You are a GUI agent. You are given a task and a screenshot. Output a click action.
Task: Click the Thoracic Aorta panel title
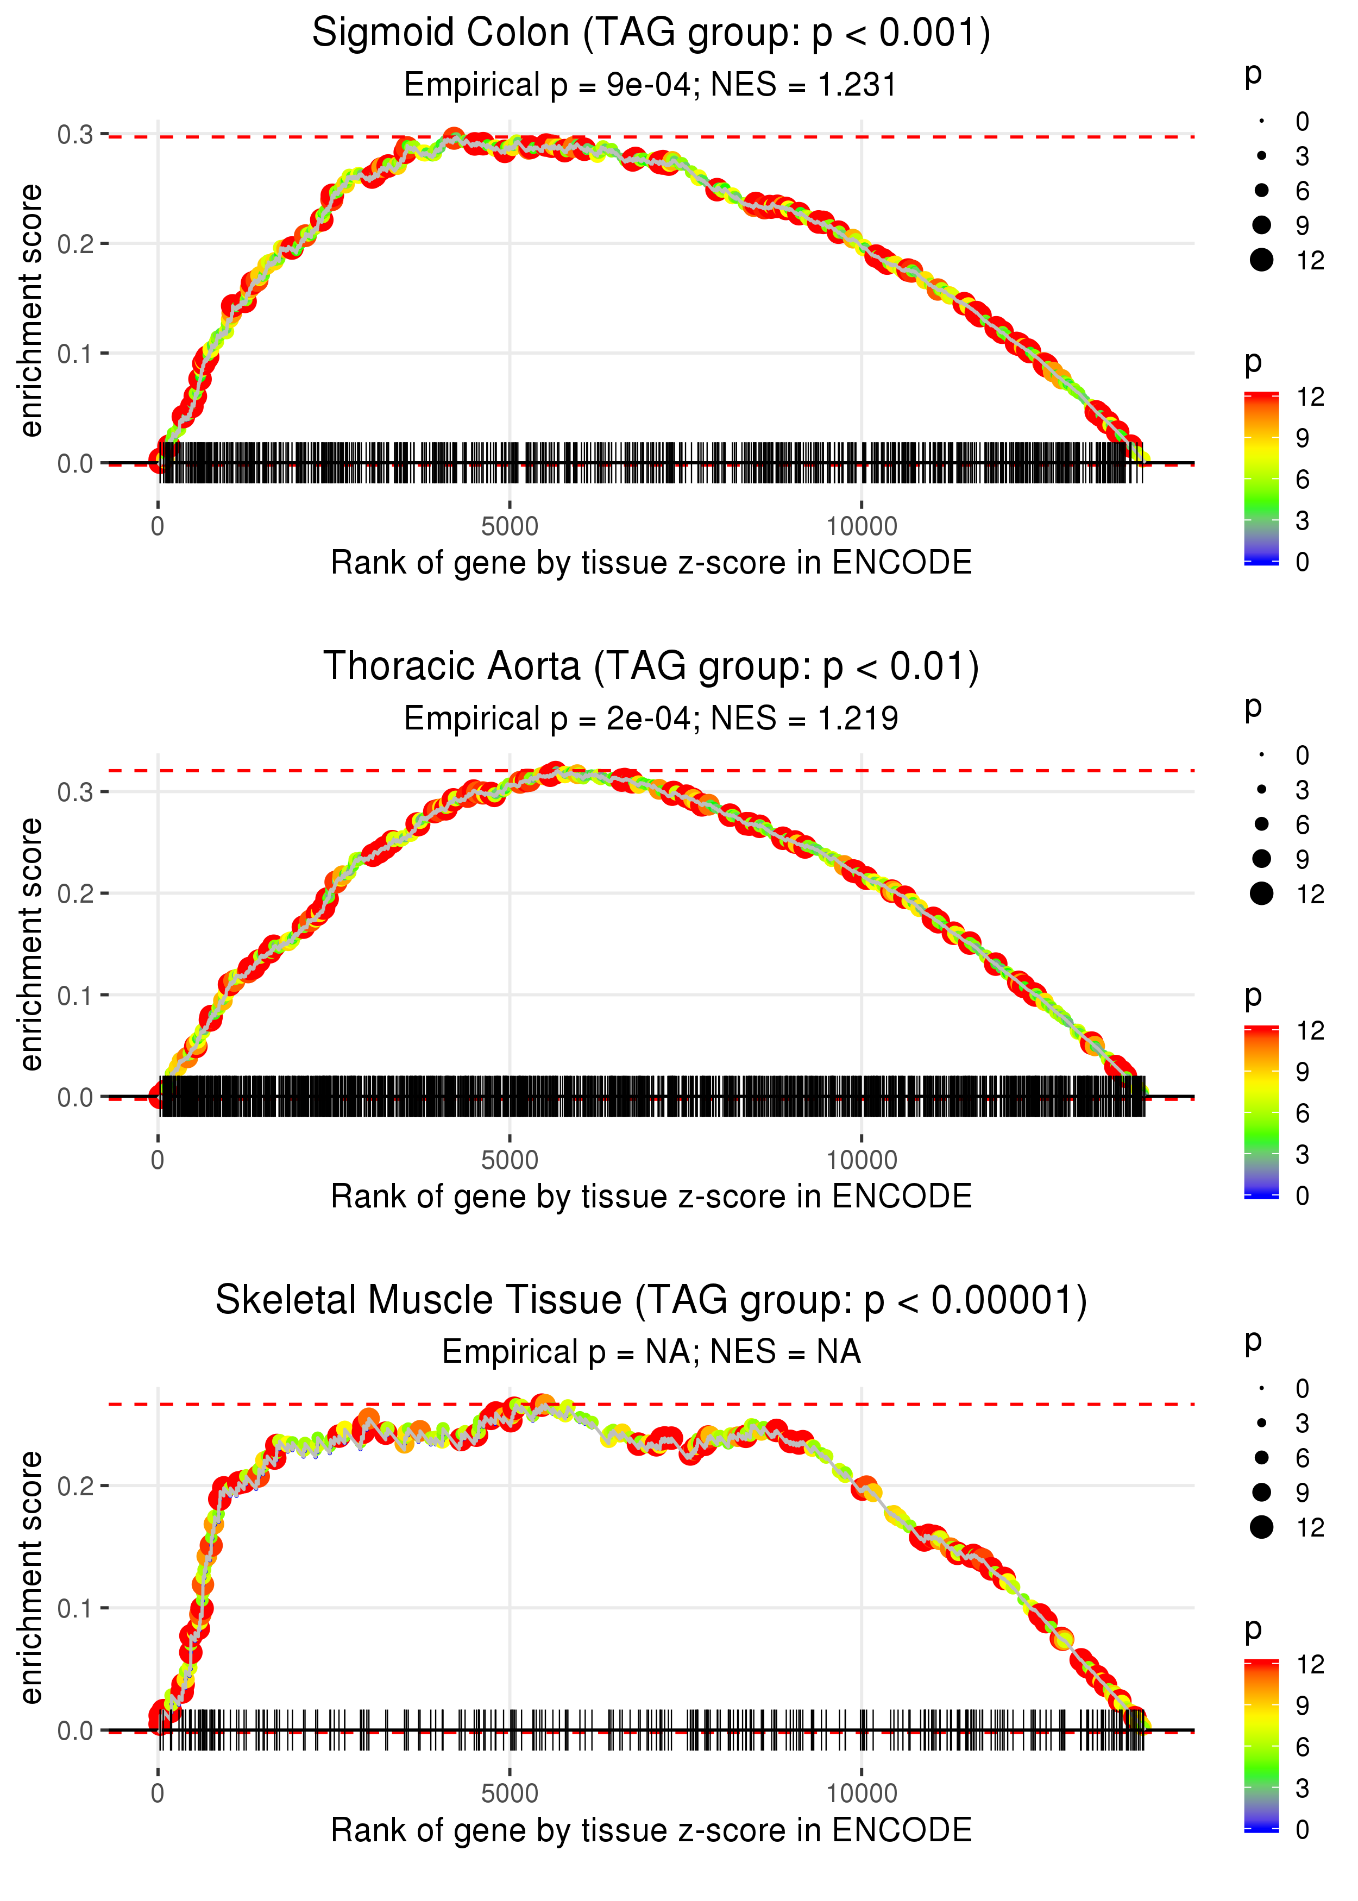651,667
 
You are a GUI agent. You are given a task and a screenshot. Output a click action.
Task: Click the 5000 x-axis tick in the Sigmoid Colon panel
510,527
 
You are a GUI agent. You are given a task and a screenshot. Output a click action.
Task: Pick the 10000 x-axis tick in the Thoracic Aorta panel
862,1160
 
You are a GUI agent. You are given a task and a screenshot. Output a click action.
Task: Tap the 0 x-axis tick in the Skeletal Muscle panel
157,1794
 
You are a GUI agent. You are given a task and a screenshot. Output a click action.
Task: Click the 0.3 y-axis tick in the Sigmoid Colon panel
76,135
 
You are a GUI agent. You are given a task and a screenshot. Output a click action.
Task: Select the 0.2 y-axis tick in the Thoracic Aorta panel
76,893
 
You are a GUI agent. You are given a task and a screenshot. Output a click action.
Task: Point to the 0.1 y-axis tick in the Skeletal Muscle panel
76,1608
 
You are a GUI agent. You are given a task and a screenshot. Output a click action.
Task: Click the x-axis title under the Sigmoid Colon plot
651,563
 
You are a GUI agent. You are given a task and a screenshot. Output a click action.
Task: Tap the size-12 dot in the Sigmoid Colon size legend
1261,261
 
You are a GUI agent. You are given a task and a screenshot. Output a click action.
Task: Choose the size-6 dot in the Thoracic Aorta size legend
1261,824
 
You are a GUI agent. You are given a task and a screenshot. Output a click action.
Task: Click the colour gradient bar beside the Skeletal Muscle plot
1261,1746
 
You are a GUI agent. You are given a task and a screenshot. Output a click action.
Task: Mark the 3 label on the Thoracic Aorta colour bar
1302,1155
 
